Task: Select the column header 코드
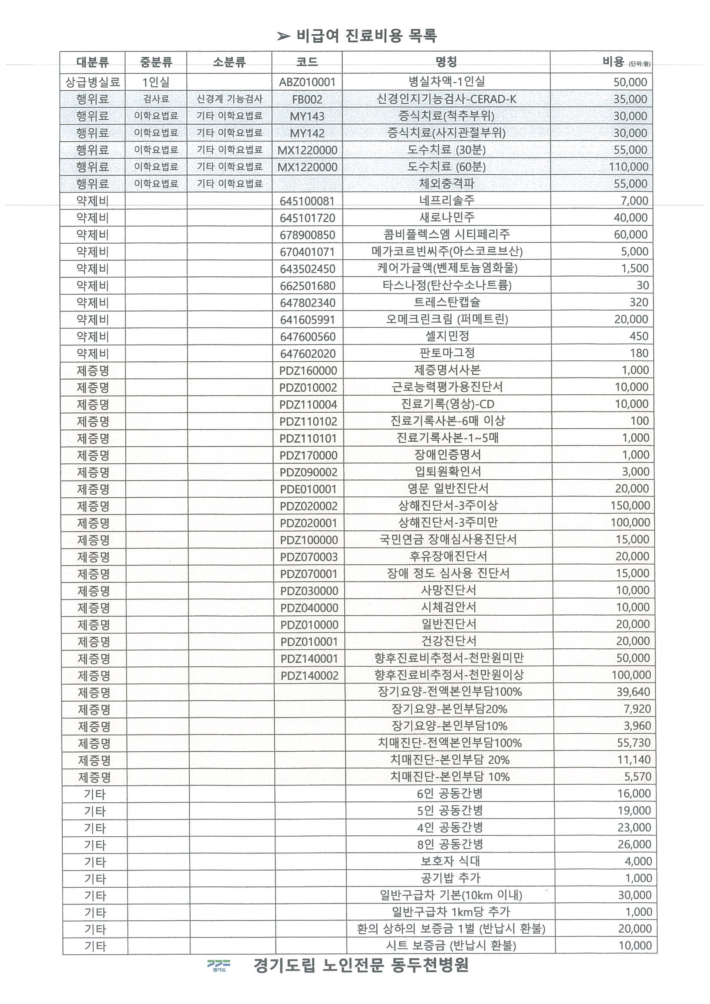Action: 306,62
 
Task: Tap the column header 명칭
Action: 446,62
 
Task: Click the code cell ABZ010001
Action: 307,82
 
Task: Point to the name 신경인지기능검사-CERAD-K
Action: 446,99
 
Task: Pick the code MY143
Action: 307,116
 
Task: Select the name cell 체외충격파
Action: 446,184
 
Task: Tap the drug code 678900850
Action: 307,235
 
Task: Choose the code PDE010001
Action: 308,489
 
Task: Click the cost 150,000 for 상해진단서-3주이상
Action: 630,505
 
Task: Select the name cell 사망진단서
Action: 448,590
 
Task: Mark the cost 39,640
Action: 634,692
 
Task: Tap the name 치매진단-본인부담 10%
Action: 450,777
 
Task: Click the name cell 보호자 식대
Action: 450,861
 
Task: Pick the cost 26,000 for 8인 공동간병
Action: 634,844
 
